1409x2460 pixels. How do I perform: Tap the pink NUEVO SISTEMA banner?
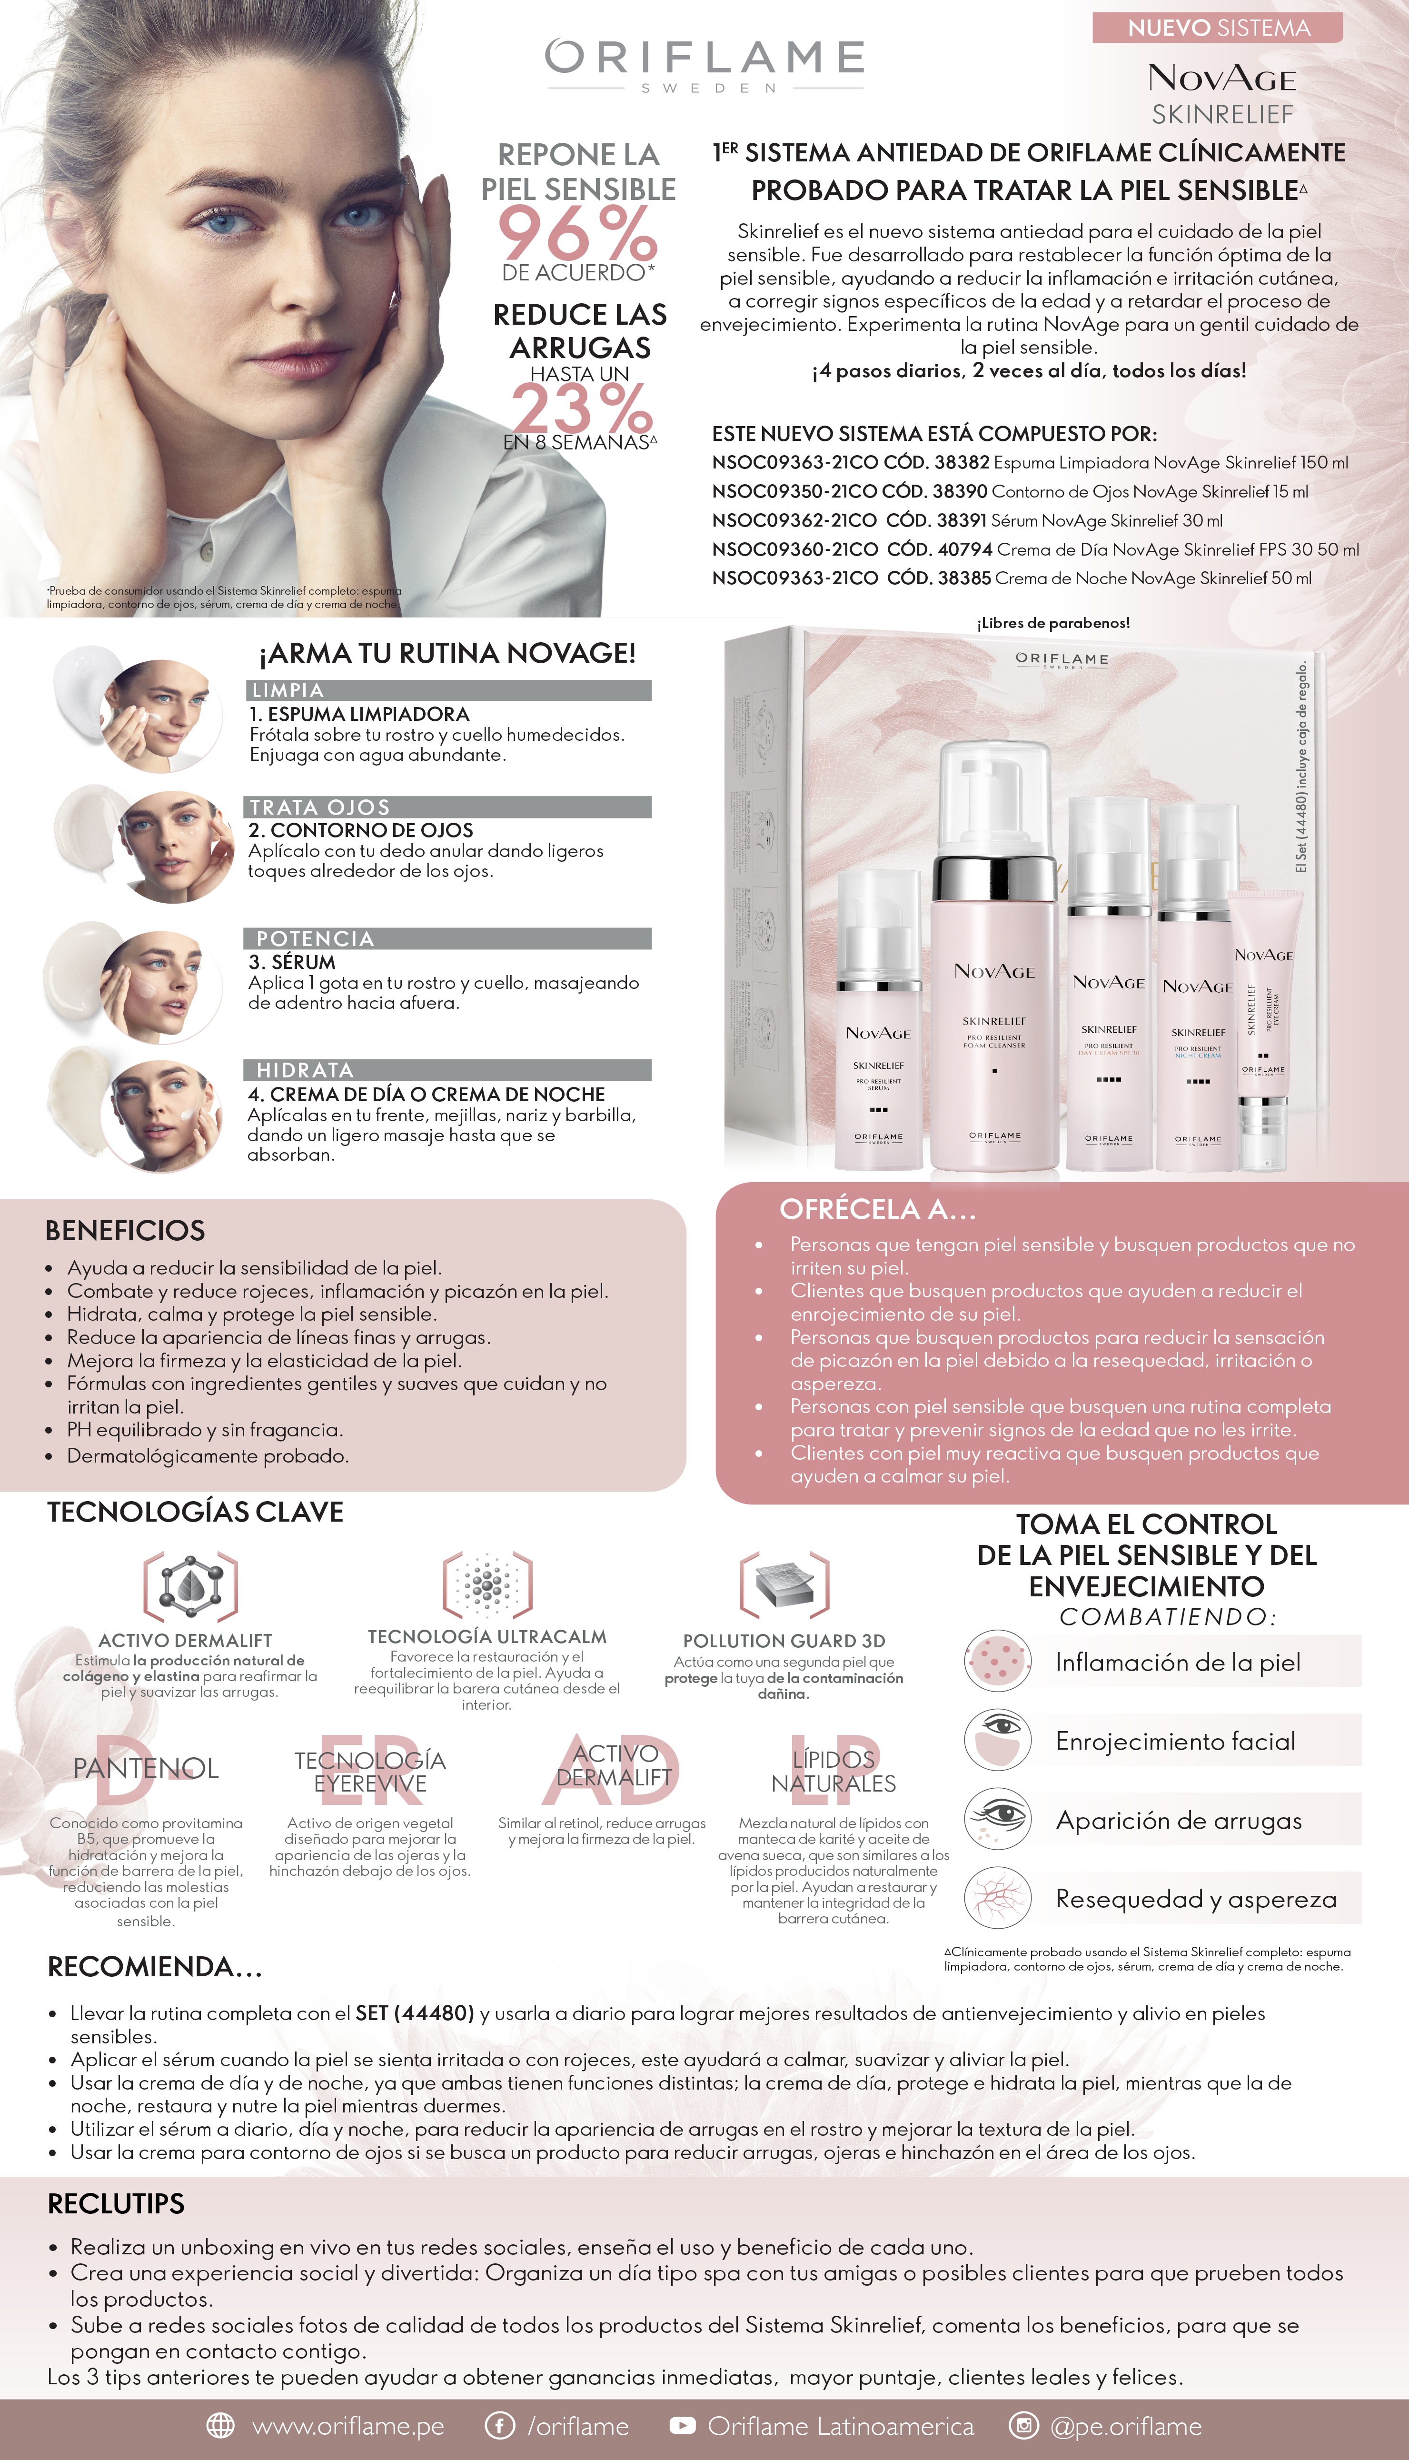(1217, 28)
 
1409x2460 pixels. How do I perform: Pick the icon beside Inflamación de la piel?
(996, 1661)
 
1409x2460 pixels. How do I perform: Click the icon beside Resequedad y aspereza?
(996, 1899)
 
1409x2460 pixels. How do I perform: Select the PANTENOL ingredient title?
(146, 1768)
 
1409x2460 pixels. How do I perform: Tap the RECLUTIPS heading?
(116, 2203)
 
